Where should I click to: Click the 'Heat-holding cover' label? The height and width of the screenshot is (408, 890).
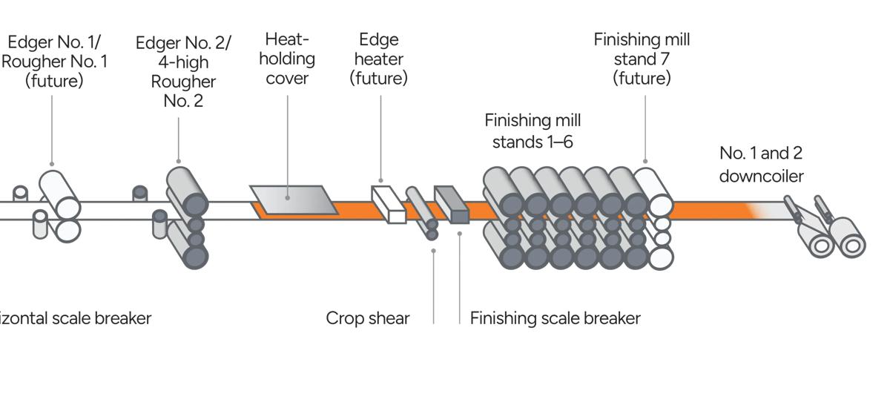point(286,59)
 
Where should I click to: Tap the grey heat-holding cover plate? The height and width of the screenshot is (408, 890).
point(289,200)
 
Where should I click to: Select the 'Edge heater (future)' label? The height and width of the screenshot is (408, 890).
point(379,59)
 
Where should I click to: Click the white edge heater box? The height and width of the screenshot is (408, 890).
point(389,204)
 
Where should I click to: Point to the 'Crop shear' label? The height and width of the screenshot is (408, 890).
point(368,318)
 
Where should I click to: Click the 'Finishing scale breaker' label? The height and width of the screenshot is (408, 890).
point(555,318)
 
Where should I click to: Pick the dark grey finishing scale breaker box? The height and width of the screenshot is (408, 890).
point(452,205)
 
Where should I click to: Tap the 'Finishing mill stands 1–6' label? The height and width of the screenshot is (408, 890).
point(533,131)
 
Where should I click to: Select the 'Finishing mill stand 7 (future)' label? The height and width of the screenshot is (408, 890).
point(642,59)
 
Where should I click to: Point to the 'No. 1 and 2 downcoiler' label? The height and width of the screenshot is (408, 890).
point(761,164)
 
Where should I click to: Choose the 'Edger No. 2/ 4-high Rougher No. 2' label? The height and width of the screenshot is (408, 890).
point(183,71)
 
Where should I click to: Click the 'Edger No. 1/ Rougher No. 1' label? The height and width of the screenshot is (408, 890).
point(53,61)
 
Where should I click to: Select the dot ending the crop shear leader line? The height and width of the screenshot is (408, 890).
point(434,251)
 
